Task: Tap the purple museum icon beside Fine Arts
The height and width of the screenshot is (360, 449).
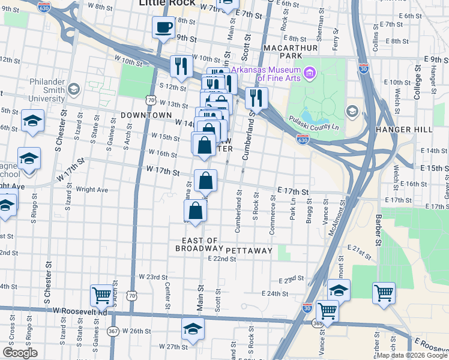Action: pyautogui.click(x=310, y=73)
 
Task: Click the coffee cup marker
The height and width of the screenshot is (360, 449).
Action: pyautogui.click(x=164, y=27)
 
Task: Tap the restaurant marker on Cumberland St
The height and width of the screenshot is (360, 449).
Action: pyautogui.click(x=256, y=98)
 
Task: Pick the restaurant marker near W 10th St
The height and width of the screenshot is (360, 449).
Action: pyautogui.click(x=181, y=66)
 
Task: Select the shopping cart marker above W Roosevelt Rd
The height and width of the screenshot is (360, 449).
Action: pyautogui.click(x=101, y=295)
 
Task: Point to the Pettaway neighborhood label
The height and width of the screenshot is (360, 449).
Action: pyautogui.click(x=249, y=250)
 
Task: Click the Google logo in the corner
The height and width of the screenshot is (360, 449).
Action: pyautogui.click(x=20, y=353)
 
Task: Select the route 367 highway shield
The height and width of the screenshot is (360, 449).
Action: pyautogui.click(x=113, y=331)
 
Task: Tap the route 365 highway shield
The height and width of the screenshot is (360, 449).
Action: pyautogui.click(x=316, y=323)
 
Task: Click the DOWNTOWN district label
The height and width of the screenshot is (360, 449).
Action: pyautogui.click(x=146, y=114)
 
